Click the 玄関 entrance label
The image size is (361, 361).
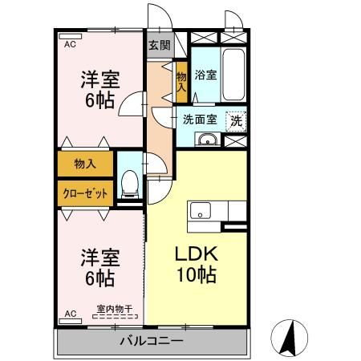click(x=159, y=46)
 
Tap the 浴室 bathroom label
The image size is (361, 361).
click(x=205, y=76)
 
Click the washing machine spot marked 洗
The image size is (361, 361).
click(x=236, y=120)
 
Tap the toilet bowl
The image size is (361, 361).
click(x=129, y=184)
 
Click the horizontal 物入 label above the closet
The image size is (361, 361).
click(x=85, y=164)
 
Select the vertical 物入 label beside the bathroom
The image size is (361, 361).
click(x=181, y=81)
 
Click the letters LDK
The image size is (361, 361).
click(x=197, y=254)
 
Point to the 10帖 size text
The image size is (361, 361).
click(x=197, y=275)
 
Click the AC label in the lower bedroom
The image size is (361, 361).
click(x=69, y=313)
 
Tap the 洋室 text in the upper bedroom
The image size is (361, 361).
click(x=100, y=79)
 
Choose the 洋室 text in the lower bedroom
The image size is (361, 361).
click(x=100, y=258)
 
